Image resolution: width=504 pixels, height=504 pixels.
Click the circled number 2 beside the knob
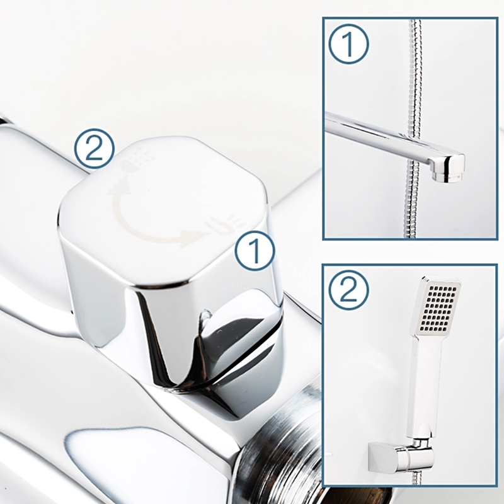point(94,149)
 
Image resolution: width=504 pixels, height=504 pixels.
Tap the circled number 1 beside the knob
point(255,250)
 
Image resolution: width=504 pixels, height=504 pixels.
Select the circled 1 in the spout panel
point(349,43)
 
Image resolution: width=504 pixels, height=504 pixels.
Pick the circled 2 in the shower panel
point(349,290)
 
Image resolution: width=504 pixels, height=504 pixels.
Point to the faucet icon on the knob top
point(223,224)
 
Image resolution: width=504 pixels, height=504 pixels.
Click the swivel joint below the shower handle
point(420,443)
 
